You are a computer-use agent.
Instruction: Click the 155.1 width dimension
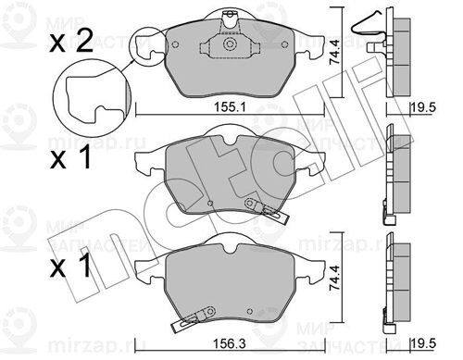pos(230,107)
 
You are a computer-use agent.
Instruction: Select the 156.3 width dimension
pos(230,343)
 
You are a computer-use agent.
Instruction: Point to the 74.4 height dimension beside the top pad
pos(335,52)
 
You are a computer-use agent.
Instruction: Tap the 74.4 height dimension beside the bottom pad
pos(335,278)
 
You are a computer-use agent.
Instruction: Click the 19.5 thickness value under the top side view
pos(423,107)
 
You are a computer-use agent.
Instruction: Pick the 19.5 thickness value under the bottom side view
pos(423,343)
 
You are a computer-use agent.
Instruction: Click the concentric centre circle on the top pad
pos(230,44)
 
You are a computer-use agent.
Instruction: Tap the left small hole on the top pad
pos(175,44)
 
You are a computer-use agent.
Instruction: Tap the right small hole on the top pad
pos(284,44)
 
